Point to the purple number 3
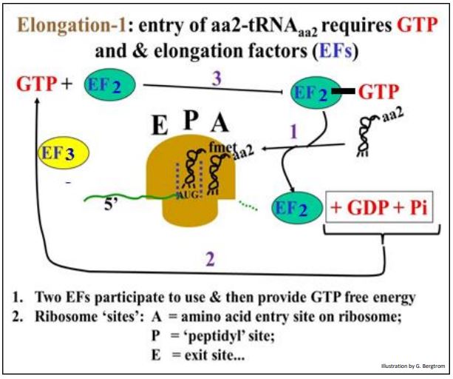coord(217,78)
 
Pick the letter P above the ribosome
coord(188,119)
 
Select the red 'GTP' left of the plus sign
coord(37,84)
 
